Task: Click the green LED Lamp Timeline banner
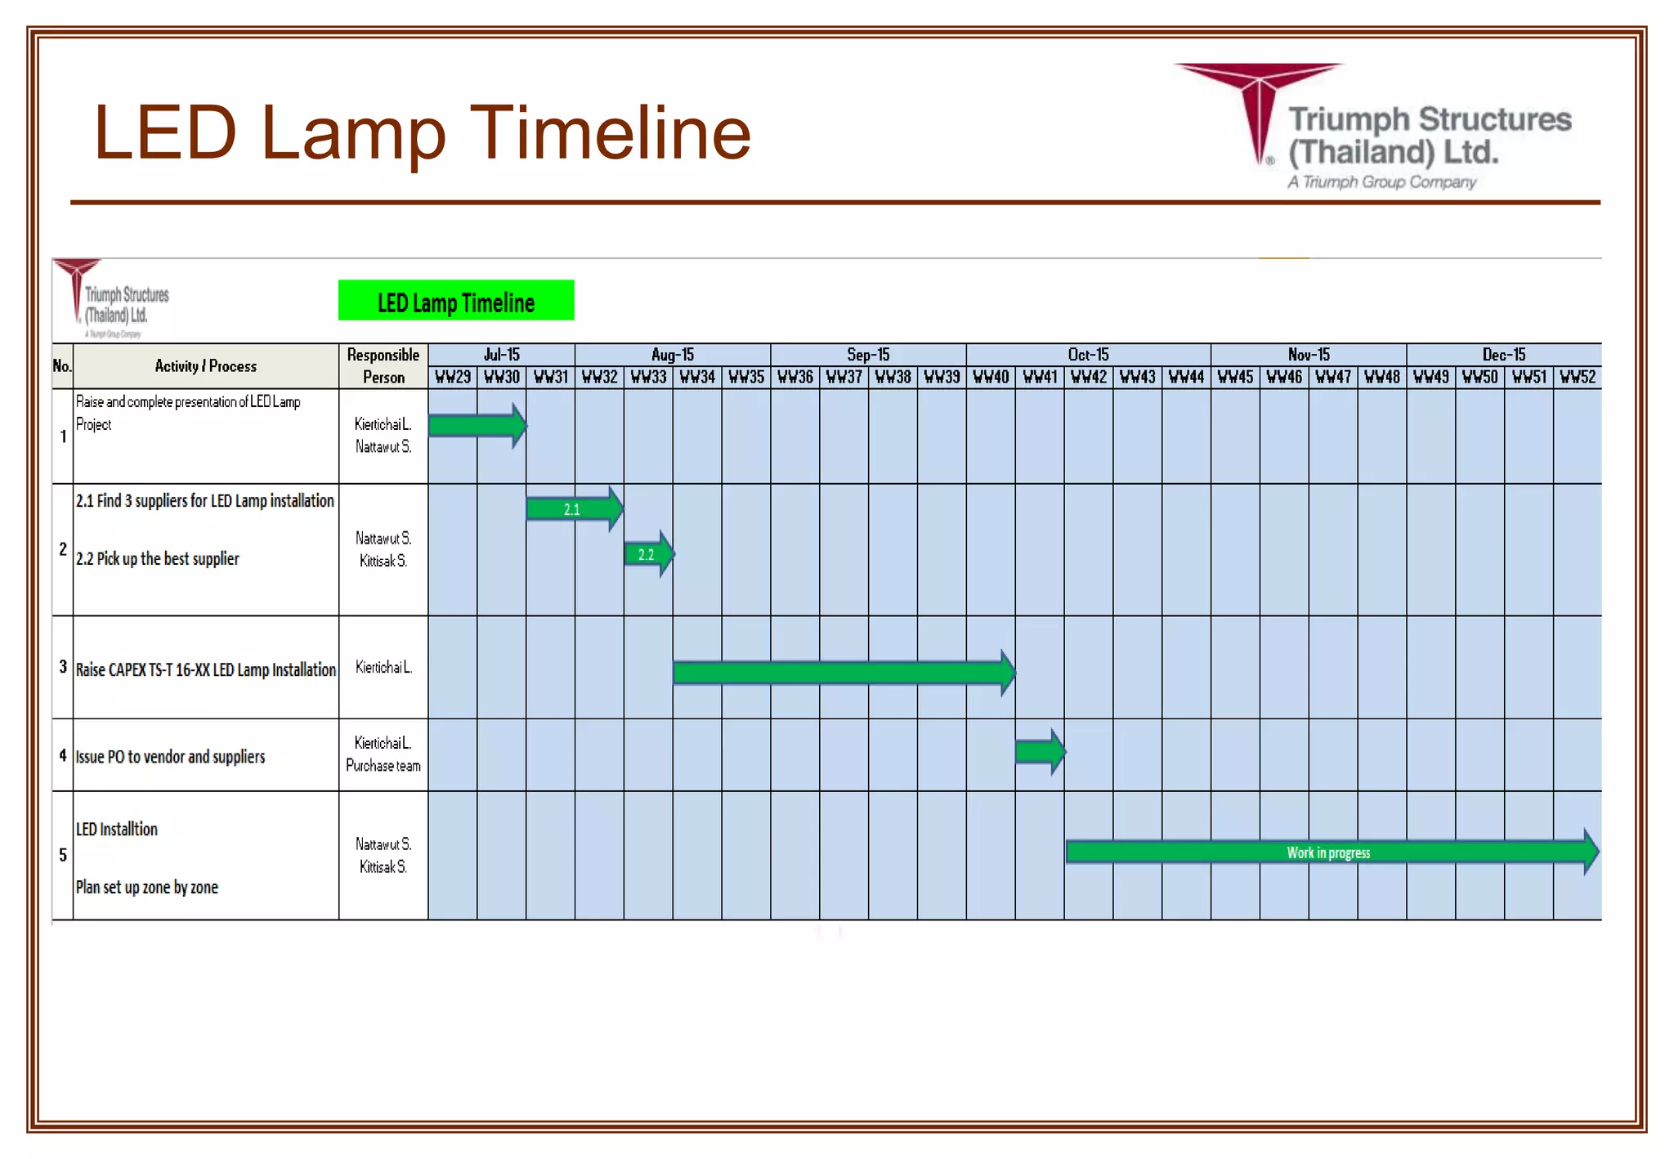click(x=456, y=301)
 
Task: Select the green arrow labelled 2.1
click(x=573, y=509)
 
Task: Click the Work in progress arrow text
click(x=1328, y=852)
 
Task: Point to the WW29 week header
click(x=453, y=377)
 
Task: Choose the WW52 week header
click(x=1577, y=377)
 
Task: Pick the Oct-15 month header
click(x=1088, y=355)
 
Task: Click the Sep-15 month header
click(x=868, y=355)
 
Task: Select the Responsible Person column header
click(x=383, y=365)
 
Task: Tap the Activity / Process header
click(x=206, y=366)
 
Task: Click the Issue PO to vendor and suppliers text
click(x=170, y=757)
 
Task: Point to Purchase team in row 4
click(x=383, y=766)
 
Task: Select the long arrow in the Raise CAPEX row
click(x=843, y=673)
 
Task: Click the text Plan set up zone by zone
click(x=147, y=887)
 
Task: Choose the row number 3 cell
click(x=63, y=667)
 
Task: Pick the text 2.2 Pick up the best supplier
click(x=158, y=559)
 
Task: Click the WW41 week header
click(x=1040, y=377)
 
